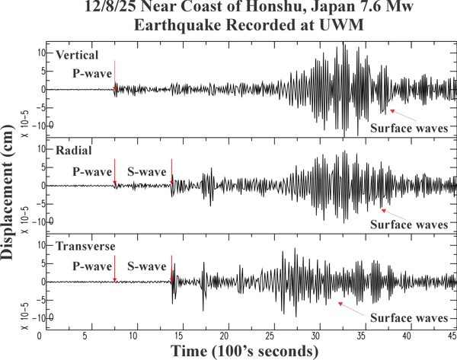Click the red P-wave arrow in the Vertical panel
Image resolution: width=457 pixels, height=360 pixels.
tap(114, 76)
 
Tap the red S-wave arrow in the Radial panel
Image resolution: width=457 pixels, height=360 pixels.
tap(172, 170)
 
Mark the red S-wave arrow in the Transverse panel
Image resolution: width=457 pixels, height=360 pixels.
tap(172, 268)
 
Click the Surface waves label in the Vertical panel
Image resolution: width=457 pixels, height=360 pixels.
tap(408, 128)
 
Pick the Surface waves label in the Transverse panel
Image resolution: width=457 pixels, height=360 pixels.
tap(408, 320)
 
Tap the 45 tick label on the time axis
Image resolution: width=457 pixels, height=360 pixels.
tap(451, 336)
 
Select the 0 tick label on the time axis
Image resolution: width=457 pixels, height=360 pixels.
tap(50, 336)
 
